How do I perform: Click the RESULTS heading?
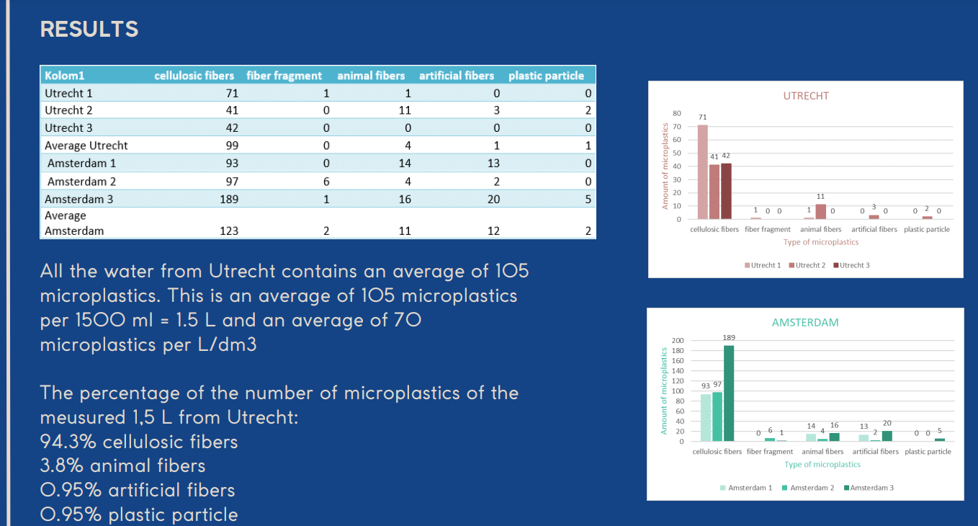coord(89,30)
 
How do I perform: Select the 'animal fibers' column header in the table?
coord(371,76)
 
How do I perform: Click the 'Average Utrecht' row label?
coord(86,146)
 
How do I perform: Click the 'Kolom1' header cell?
coord(65,76)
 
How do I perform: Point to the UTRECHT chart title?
coord(806,96)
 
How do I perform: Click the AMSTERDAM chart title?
coord(805,323)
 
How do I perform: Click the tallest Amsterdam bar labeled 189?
coord(728,393)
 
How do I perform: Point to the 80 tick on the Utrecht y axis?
coord(676,113)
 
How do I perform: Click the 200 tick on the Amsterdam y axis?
coord(676,340)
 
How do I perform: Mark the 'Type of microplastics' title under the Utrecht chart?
coord(821,242)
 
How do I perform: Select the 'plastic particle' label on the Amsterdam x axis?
coord(928,452)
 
